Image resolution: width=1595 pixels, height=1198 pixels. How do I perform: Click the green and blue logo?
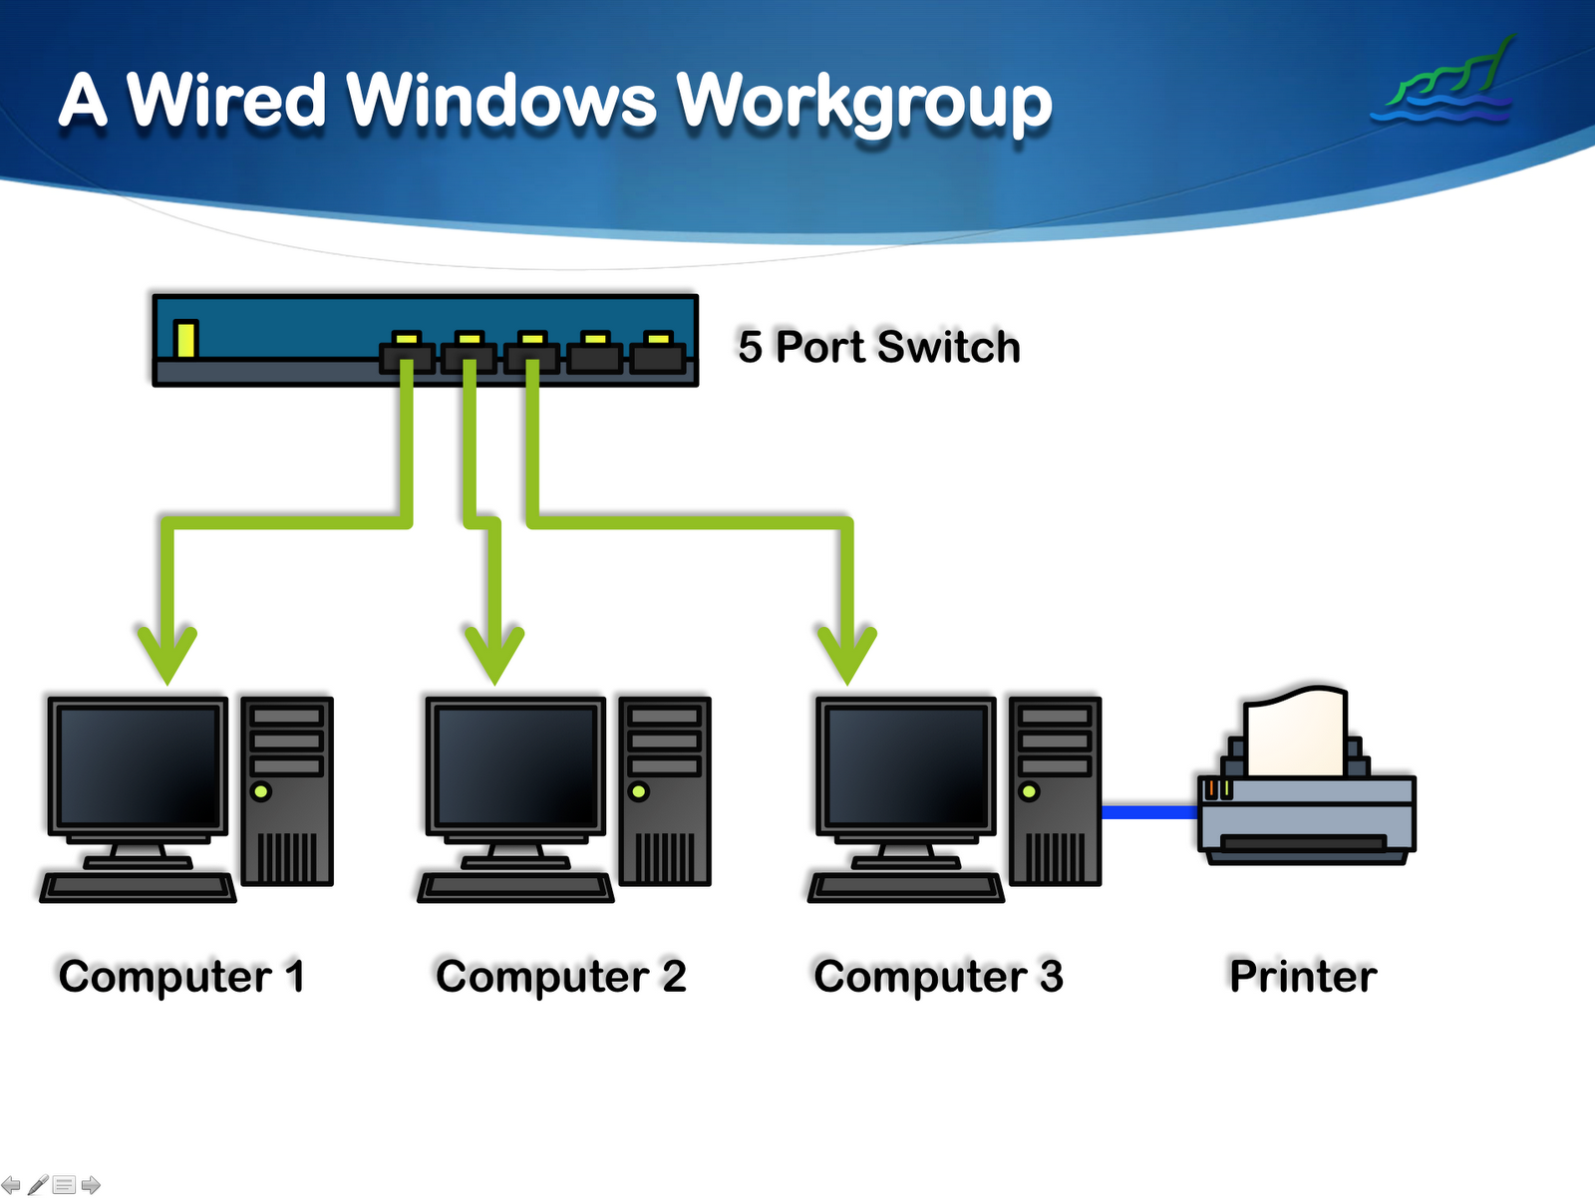(1445, 84)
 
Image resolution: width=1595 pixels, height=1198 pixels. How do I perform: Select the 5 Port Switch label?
(878, 347)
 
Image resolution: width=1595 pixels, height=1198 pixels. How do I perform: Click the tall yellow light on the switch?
(185, 338)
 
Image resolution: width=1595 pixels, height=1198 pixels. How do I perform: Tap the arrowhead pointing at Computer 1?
(167, 653)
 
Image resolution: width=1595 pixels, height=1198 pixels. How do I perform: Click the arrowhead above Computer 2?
(494, 653)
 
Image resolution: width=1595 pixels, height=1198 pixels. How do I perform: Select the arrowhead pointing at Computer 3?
(846, 653)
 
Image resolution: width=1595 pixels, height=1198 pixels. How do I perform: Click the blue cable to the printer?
(1148, 812)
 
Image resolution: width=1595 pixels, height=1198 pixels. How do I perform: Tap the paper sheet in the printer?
(1295, 733)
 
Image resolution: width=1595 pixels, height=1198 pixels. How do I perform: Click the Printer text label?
(1302, 976)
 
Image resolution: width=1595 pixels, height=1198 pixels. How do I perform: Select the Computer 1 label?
(181, 976)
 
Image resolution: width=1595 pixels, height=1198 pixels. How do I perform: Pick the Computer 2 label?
(560, 976)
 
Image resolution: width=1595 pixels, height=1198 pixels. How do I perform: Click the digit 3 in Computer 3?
(1051, 976)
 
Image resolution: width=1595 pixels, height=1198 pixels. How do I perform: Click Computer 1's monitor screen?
(138, 765)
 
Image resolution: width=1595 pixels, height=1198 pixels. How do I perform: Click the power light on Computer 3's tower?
(1029, 791)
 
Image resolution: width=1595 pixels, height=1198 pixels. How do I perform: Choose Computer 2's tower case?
(665, 791)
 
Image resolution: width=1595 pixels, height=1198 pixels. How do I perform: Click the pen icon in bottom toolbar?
(38, 1185)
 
